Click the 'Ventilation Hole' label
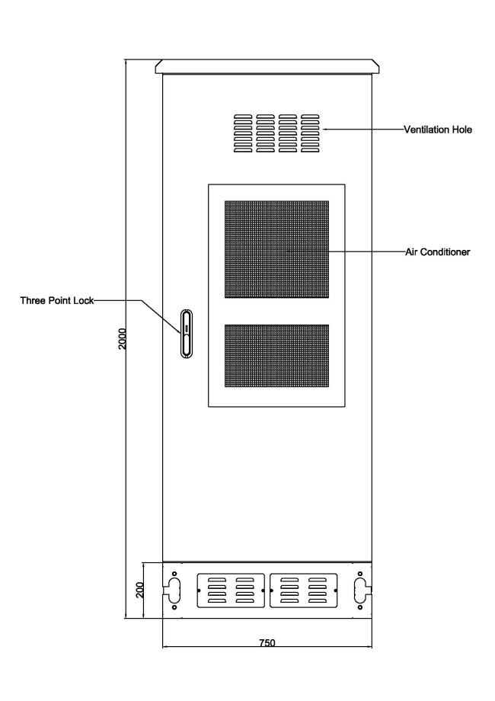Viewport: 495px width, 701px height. coord(438,130)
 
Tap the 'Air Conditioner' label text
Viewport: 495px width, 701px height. coord(438,252)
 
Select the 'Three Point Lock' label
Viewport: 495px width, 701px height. coord(57,300)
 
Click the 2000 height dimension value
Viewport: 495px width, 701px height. coord(123,339)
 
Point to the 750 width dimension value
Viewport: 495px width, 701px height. coord(267,643)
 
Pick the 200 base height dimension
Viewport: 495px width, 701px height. coord(140,590)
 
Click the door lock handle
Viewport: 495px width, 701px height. coord(187,334)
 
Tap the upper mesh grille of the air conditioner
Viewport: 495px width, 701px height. coord(276,249)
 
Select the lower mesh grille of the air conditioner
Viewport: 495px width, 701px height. coord(276,356)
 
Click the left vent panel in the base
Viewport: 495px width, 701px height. coord(231,591)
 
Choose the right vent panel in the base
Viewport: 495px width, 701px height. coord(303,591)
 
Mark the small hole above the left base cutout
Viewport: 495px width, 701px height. coord(174,574)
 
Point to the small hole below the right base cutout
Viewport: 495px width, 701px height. coord(360,607)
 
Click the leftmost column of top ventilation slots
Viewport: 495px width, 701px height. coord(243,133)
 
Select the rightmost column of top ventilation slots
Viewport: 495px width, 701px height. coord(311,133)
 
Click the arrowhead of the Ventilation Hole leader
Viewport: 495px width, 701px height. coord(324,130)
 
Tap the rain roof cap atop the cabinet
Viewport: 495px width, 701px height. coord(267,66)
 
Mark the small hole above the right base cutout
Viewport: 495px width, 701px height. coord(360,574)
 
